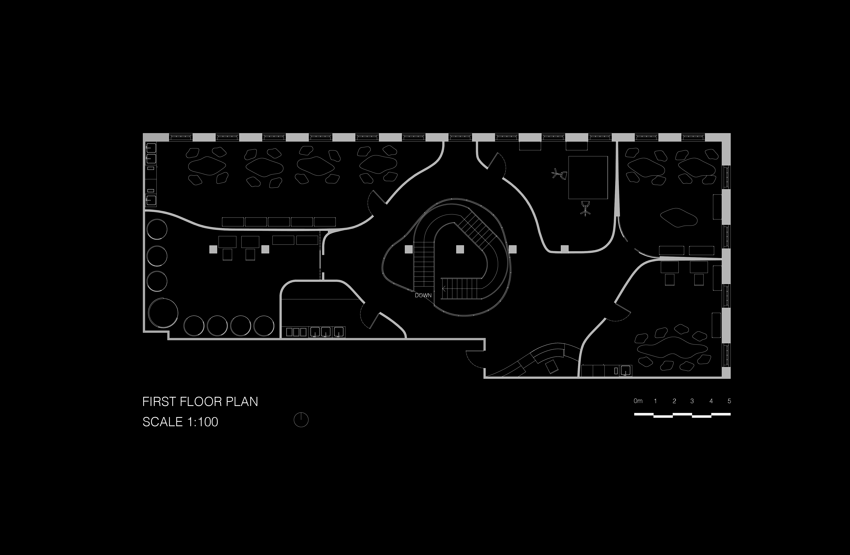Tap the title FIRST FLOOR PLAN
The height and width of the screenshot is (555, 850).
pos(200,402)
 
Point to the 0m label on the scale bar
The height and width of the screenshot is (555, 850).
pos(638,401)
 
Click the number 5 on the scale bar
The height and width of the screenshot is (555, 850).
pos(729,401)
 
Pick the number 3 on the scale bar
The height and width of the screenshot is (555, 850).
pos(692,401)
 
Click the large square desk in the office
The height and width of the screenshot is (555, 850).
pos(588,177)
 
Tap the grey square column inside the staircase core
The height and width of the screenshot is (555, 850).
pos(460,249)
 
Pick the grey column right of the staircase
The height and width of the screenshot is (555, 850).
pos(513,249)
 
